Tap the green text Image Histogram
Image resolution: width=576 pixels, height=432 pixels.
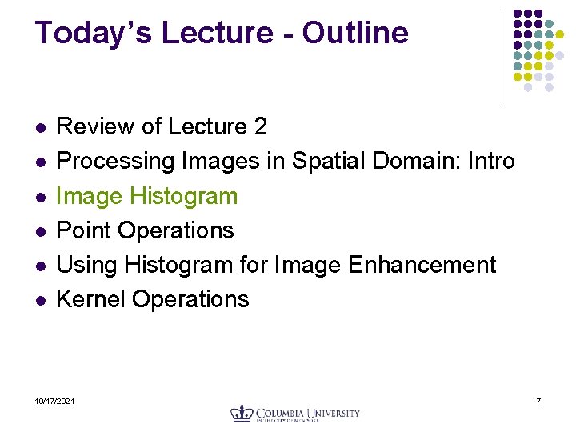(x=147, y=196)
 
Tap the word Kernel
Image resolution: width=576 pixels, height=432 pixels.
(x=91, y=299)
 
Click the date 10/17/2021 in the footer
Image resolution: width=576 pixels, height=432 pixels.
(x=55, y=400)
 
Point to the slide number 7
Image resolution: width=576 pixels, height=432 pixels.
(x=538, y=400)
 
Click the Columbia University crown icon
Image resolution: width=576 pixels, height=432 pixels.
(x=242, y=414)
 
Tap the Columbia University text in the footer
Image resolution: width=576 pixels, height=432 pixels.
(x=308, y=414)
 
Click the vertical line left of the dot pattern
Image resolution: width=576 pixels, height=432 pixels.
(x=502, y=58)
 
